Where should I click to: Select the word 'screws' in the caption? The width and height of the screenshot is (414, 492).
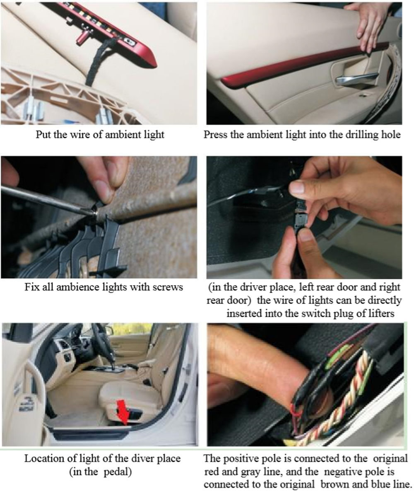(x=168, y=287)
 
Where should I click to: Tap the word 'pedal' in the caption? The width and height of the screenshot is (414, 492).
(x=115, y=472)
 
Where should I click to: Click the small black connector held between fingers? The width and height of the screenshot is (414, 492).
(x=301, y=216)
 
